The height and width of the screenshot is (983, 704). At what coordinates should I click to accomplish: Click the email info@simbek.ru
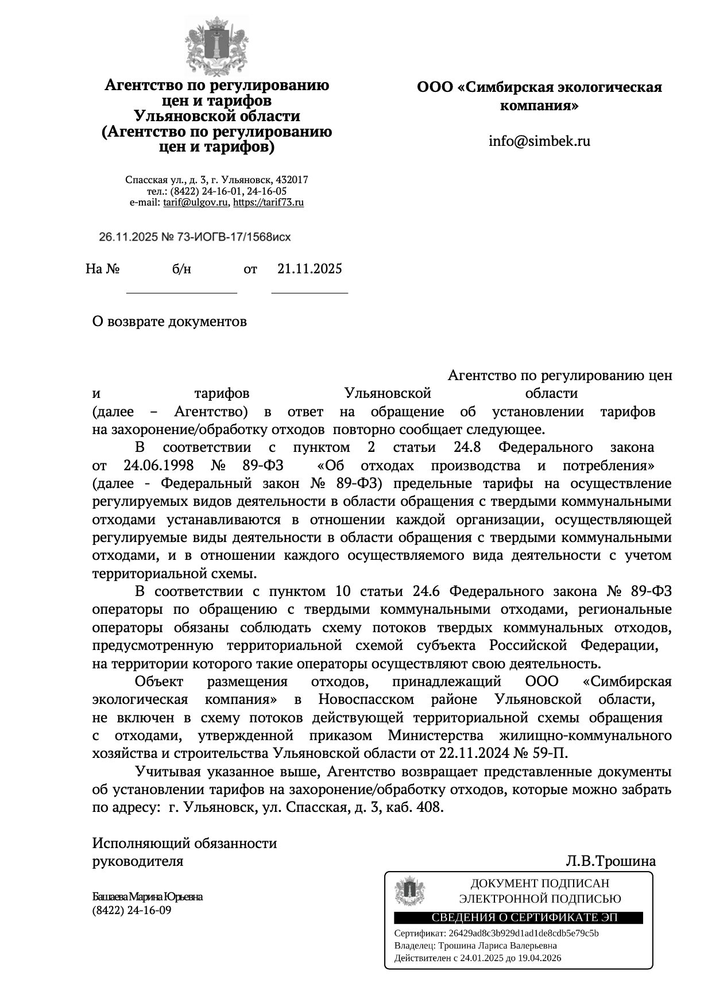pos(539,141)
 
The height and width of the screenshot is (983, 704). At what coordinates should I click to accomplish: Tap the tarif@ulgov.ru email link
pos(196,203)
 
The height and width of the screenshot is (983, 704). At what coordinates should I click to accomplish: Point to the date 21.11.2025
pos(310,269)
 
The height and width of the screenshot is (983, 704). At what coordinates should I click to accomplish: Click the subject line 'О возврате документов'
pos(169,322)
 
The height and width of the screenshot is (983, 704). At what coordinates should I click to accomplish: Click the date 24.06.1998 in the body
pos(158,465)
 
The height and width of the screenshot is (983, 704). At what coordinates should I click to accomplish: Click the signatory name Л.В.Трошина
pos(610,861)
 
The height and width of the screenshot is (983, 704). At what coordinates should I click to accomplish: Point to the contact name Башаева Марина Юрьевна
pos(148,897)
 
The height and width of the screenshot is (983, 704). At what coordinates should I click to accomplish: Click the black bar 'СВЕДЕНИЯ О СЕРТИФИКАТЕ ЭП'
pos(517,918)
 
